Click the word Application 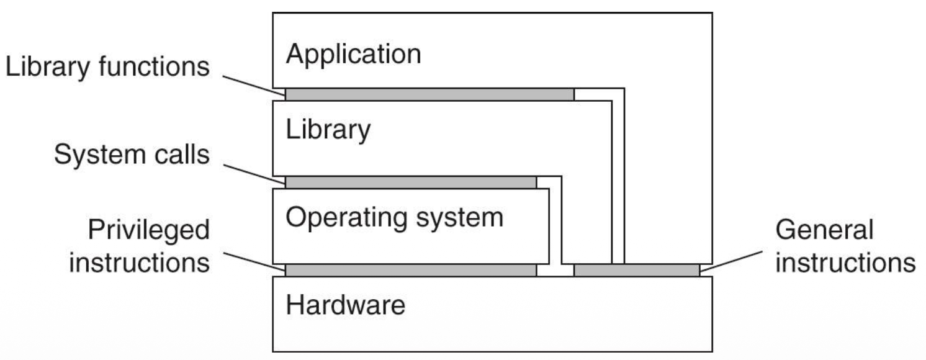pyautogui.click(x=353, y=55)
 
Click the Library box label pyautogui.click(x=328, y=131)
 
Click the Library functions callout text pyautogui.click(x=107, y=68)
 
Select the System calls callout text pyautogui.click(x=132, y=155)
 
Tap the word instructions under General pyautogui.click(x=845, y=263)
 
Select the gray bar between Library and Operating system pyautogui.click(x=410, y=182)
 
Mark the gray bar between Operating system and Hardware pyautogui.click(x=410, y=270)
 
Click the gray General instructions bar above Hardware pyautogui.click(x=636, y=270)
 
